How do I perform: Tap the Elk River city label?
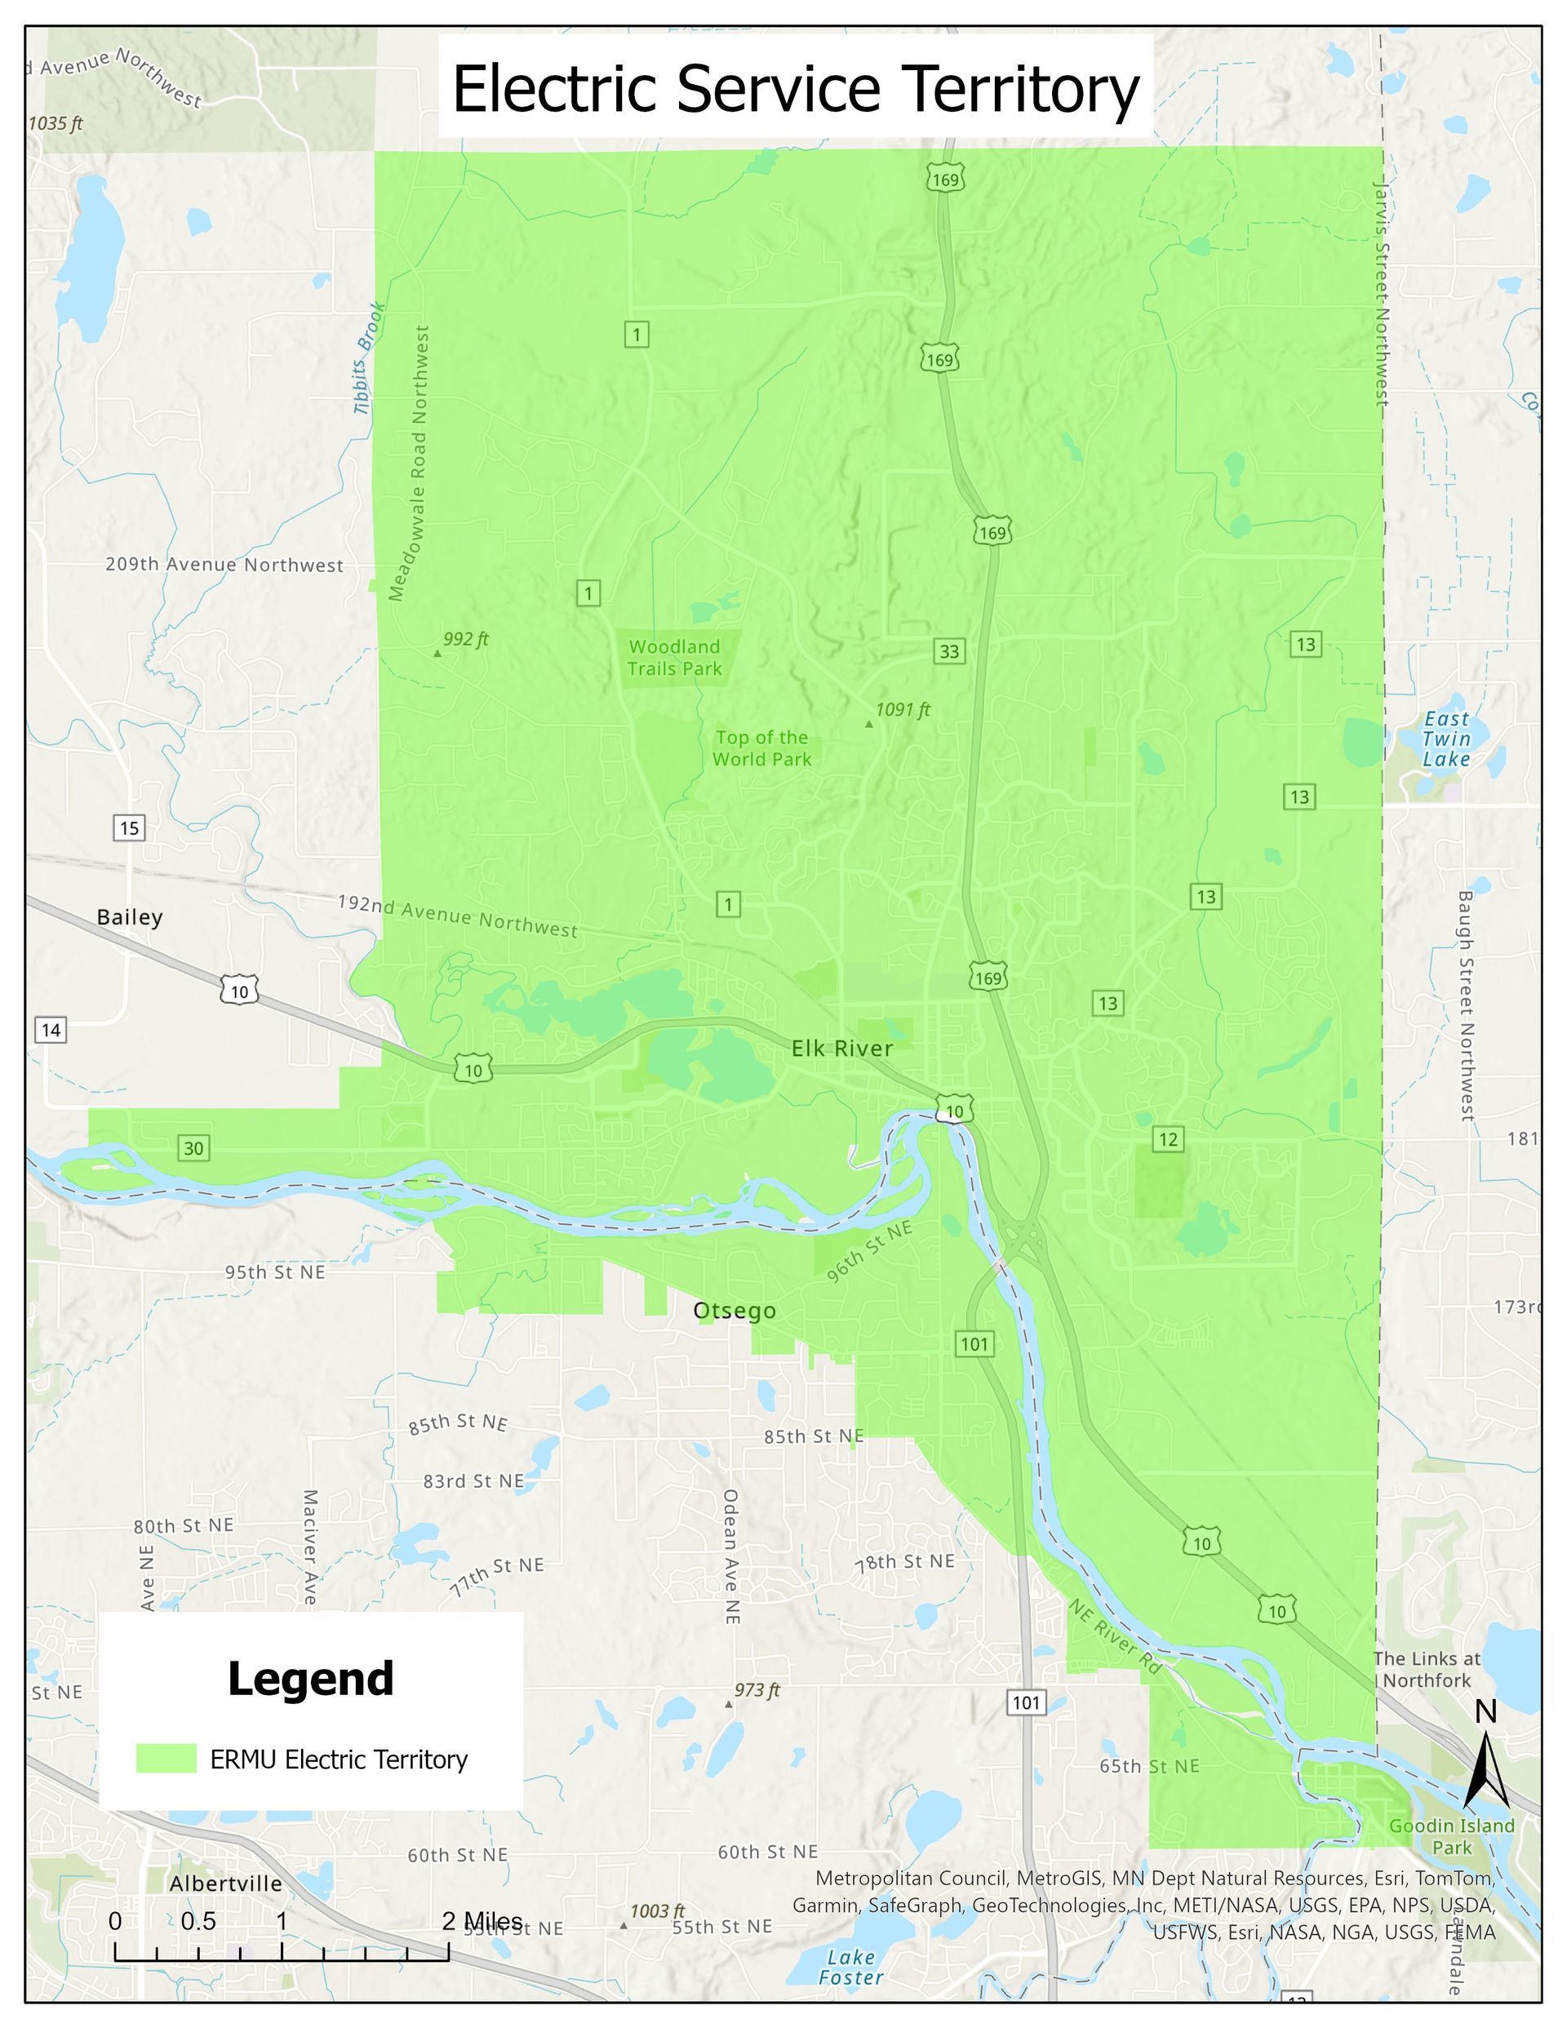click(x=841, y=1049)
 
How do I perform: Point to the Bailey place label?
click(x=130, y=917)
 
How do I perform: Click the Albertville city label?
click(x=226, y=1884)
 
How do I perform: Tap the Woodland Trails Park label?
click(x=674, y=658)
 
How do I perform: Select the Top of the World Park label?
click(x=761, y=748)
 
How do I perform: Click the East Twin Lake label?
click(x=1446, y=739)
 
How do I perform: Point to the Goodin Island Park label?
click(x=1451, y=1837)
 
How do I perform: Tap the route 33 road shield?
click(x=948, y=651)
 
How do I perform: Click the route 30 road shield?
click(x=193, y=1147)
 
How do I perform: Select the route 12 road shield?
click(x=1168, y=1139)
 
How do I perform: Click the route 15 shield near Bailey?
click(x=129, y=828)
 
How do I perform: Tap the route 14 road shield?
click(x=51, y=1030)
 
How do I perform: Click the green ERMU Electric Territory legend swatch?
click(x=166, y=1759)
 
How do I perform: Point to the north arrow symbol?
click(x=1486, y=1760)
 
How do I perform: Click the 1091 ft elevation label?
click(x=902, y=710)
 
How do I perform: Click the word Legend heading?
click(x=310, y=1680)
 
